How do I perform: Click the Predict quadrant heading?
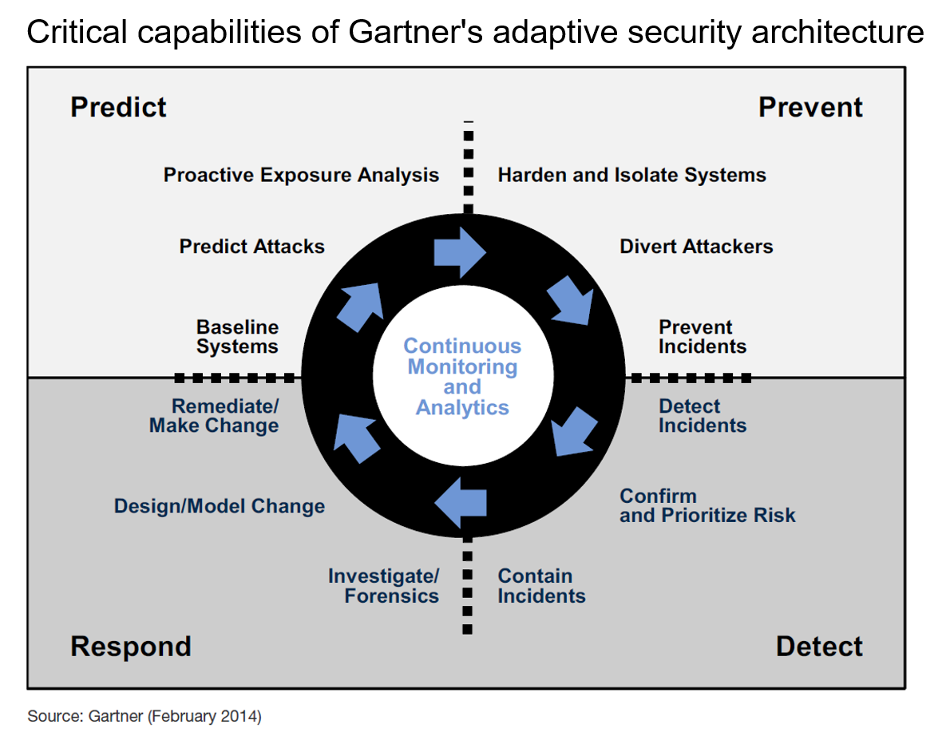(118, 107)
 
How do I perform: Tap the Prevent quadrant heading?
(810, 107)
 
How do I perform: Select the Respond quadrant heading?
(131, 646)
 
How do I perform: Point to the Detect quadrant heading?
(819, 646)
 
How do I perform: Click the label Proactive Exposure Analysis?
(301, 175)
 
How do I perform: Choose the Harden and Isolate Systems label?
(631, 175)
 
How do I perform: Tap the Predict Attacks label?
(251, 246)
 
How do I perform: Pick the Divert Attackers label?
(696, 246)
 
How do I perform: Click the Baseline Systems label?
(237, 337)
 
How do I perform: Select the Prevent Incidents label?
(703, 337)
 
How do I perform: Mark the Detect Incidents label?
(703, 416)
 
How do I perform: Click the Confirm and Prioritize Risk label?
(707, 505)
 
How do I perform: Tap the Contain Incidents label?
(541, 586)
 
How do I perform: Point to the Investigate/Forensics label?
(384, 586)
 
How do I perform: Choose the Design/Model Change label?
(220, 506)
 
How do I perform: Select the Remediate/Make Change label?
(214, 416)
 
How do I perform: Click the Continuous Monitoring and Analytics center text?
(462, 377)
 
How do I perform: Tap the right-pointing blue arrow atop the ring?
(460, 251)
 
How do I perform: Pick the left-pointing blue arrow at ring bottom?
(461, 502)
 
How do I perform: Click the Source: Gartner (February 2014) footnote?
(144, 716)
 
